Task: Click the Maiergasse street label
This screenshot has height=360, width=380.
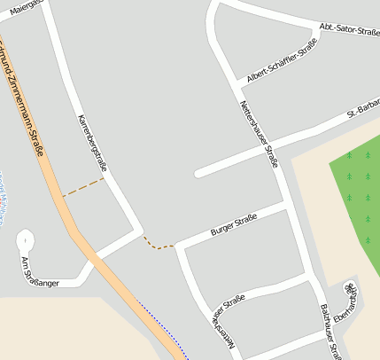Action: pos(27,4)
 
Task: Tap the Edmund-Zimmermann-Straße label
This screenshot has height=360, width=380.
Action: pos(25,98)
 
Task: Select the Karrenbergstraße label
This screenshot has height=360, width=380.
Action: pos(92,142)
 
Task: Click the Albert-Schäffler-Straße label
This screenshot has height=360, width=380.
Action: pos(282,64)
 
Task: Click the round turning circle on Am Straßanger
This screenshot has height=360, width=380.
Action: pos(25,239)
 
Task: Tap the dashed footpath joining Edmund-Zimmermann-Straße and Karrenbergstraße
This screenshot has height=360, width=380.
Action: pos(83,187)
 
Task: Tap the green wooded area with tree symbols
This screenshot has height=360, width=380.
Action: pos(354,195)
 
